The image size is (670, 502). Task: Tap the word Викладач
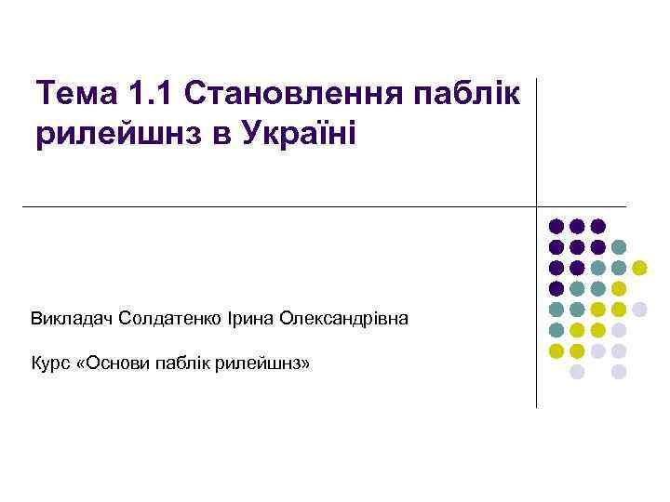pyautogui.click(x=71, y=319)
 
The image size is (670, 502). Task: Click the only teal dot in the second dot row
pyautogui.click(x=619, y=247)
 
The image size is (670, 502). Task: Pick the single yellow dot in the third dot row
pyautogui.click(x=640, y=268)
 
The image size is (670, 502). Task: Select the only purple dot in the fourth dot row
pyautogui.click(x=556, y=288)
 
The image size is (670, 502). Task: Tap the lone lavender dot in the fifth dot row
pyautogui.click(x=640, y=309)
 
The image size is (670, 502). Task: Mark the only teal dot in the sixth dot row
pyautogui.click(x=556, y=330)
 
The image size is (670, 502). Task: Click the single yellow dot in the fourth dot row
pyautogui.click(x=619, y=288)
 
